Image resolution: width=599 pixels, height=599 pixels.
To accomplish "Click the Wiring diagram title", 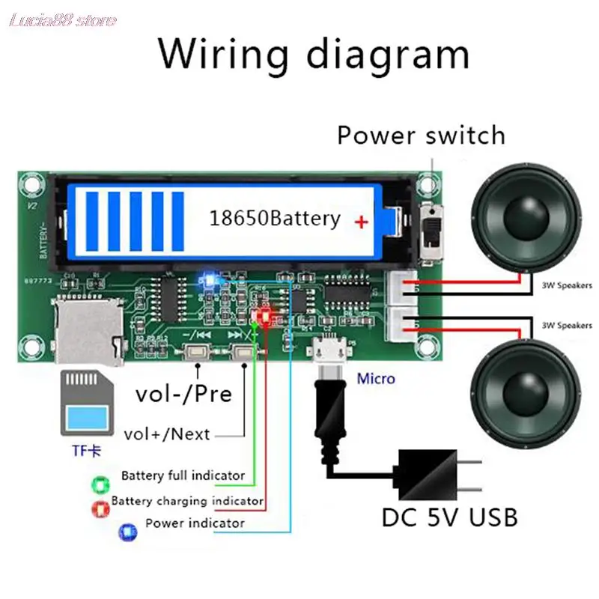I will pos(314,54).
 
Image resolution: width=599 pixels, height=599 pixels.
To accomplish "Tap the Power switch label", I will pos(421,136).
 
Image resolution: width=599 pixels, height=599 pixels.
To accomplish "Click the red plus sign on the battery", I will pos(362,222).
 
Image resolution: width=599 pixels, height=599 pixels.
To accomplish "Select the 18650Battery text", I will pos(274,219).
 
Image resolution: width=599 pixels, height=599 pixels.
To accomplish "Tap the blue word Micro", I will pos(376,378).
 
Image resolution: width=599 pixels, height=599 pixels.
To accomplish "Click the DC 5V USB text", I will pos(449,517).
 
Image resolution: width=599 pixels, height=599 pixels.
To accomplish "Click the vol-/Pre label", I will pos(183,393).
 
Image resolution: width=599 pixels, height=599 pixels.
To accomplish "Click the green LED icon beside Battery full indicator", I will pos(97,484).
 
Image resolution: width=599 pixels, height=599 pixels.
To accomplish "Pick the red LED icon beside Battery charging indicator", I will pos(97,509).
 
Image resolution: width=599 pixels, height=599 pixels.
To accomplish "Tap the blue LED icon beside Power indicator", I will pos(127,532).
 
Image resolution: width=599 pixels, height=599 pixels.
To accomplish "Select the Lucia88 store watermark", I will pos(63,19).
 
